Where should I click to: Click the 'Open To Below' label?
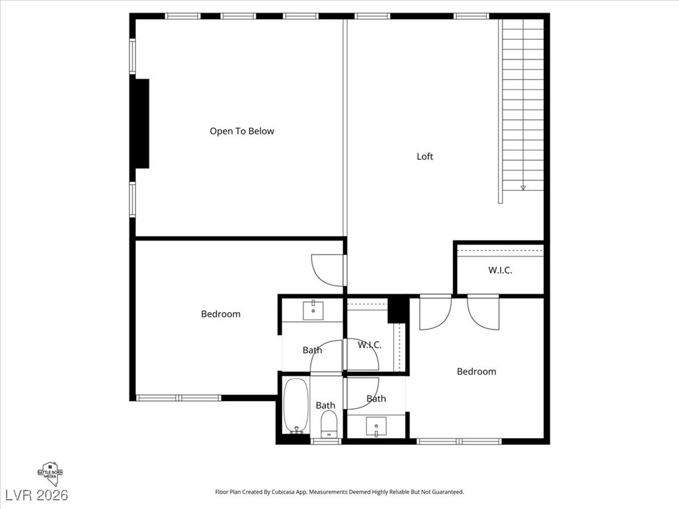pyautogui.click(x=241, y=131)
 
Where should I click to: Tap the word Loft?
pyautogui.click(x=425, y=156)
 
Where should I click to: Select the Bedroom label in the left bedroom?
pyautogui.click(x=221, y=313)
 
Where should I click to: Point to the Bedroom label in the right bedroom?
pyautogui.click(x=476, y=371)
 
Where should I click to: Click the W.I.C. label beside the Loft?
pyautogui.click(x=500, y=270)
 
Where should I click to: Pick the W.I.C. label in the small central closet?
pyautogui.click(x=369, y=345)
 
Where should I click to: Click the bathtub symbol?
pyautogui.click(x=296, y=405)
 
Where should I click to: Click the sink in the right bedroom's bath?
pyautogui.click(x=376, y=425)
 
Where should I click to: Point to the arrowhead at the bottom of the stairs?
pyautogui.click(x=523, y=188)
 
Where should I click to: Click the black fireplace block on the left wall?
pyautogui.click(x=141, y=123)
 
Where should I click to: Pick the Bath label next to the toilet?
pyautogui.click(x=325, y=405)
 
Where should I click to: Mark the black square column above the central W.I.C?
pyautogui.click(x=397, y=308)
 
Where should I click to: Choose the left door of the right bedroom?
pyautogui.click(x=435, y=313)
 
